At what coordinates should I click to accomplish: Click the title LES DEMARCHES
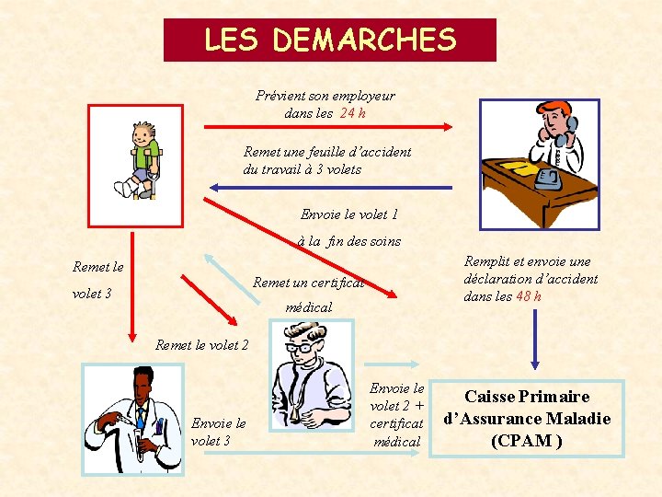click(x=329, y=40)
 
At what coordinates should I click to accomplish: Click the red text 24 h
click(x=353, y=113)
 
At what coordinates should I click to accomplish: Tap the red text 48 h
click(x=528, y=296)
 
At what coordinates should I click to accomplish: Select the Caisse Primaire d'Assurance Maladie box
click(x=527, y=419)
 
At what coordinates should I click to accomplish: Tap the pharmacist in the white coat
click(x=133, y=418)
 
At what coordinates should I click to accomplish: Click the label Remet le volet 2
click(x=202, y=345)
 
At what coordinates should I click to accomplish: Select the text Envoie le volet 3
click(x=218, y=432)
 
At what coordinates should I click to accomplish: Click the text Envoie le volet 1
click(x=349, y=214)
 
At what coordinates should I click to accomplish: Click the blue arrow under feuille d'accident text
click(x=330, y=188)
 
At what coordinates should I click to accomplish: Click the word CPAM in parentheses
click(x=527, y=440)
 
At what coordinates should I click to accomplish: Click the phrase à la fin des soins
click(x=349, y=241)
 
